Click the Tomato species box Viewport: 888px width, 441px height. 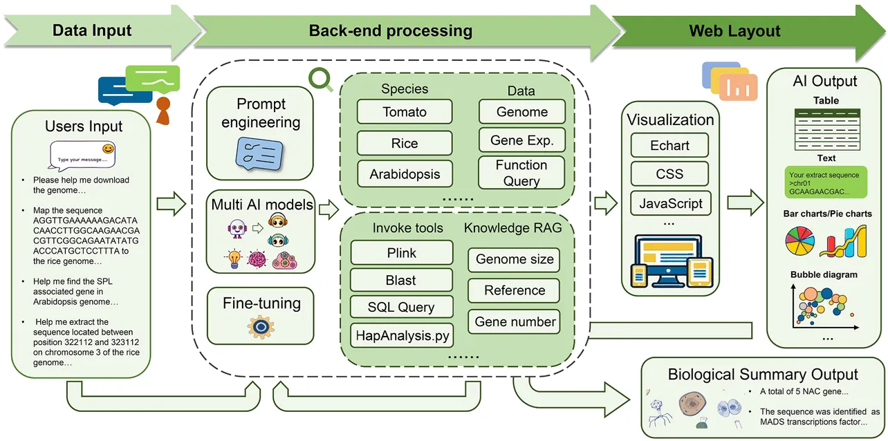[x=405, y=112]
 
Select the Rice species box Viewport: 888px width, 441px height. [x=405, y=143]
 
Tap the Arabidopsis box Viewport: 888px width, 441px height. [x=405, y=173]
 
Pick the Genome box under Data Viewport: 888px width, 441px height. [x=521, y=112]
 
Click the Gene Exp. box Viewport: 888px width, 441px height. [x=521, y=140]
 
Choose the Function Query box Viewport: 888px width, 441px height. [x=521, y=173]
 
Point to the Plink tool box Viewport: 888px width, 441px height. [x=402, y=253]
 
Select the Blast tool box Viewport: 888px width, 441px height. [x=401, y=280]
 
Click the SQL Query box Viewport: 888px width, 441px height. [x=401, y=308]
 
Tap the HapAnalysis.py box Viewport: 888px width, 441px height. [x=402, y=336]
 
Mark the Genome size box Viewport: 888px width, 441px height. [x=515, y=260]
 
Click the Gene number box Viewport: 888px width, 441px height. [x=515, y=322]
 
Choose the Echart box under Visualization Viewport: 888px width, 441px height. [x=669, y=146]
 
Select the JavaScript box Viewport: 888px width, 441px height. [x=670, y=204]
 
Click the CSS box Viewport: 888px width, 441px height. [x=669, y=174]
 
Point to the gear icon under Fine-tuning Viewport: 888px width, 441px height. [x=261, y=327]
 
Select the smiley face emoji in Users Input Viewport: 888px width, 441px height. [x=107, y=149]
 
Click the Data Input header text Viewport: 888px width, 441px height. [x=92, y=30]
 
